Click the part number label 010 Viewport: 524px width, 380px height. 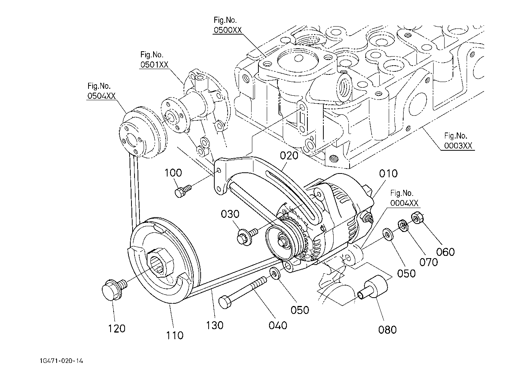388,173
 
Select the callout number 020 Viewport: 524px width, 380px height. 289,156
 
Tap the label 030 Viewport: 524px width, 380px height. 230,214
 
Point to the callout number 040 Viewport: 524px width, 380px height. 278,325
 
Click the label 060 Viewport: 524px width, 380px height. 445,252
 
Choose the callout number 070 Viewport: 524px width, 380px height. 429,262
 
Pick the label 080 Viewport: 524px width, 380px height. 387,330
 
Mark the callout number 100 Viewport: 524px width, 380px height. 173,173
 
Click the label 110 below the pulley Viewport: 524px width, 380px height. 174,335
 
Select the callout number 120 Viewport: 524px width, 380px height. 116,328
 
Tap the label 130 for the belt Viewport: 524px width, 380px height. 215,325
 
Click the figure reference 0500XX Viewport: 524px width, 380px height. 228,31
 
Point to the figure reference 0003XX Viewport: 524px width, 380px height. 458,146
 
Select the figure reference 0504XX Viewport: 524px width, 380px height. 101,96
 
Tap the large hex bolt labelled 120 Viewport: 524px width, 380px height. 112,290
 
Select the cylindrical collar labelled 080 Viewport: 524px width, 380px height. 374,287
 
